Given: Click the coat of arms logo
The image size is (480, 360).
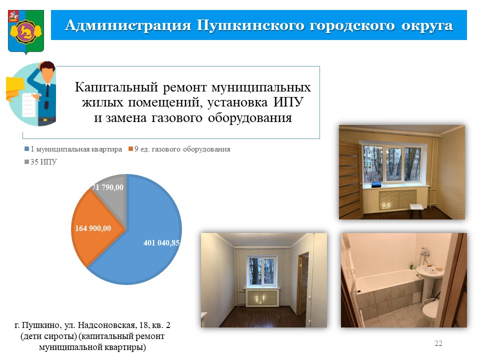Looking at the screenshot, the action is (x=26, y=32).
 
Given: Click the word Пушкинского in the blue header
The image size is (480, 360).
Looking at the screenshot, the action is (x=250, y=25).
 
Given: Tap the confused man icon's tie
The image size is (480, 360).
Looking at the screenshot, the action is (x=46, y=96).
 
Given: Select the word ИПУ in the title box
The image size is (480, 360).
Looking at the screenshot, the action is (x=288, y=102).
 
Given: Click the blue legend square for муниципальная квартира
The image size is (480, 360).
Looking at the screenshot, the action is (x=26, y=149).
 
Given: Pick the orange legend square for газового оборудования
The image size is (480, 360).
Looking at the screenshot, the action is (x=130, y=149).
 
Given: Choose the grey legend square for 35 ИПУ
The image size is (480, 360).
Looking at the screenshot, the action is (x=26, y=161).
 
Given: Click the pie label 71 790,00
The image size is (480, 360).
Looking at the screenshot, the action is (x=108, y=187).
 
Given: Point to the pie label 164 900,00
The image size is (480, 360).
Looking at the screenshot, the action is (x=93, y=228).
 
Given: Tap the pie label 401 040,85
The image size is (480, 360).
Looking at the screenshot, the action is (x=161, y=243).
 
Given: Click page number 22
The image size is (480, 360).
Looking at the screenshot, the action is (x=438, y=343).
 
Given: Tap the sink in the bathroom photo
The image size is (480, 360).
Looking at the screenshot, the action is (x=429, y=272).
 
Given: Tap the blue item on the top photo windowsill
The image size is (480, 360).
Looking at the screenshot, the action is (x=376, y=185).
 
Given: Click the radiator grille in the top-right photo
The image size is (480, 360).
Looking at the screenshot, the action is (x=398, y=199).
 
